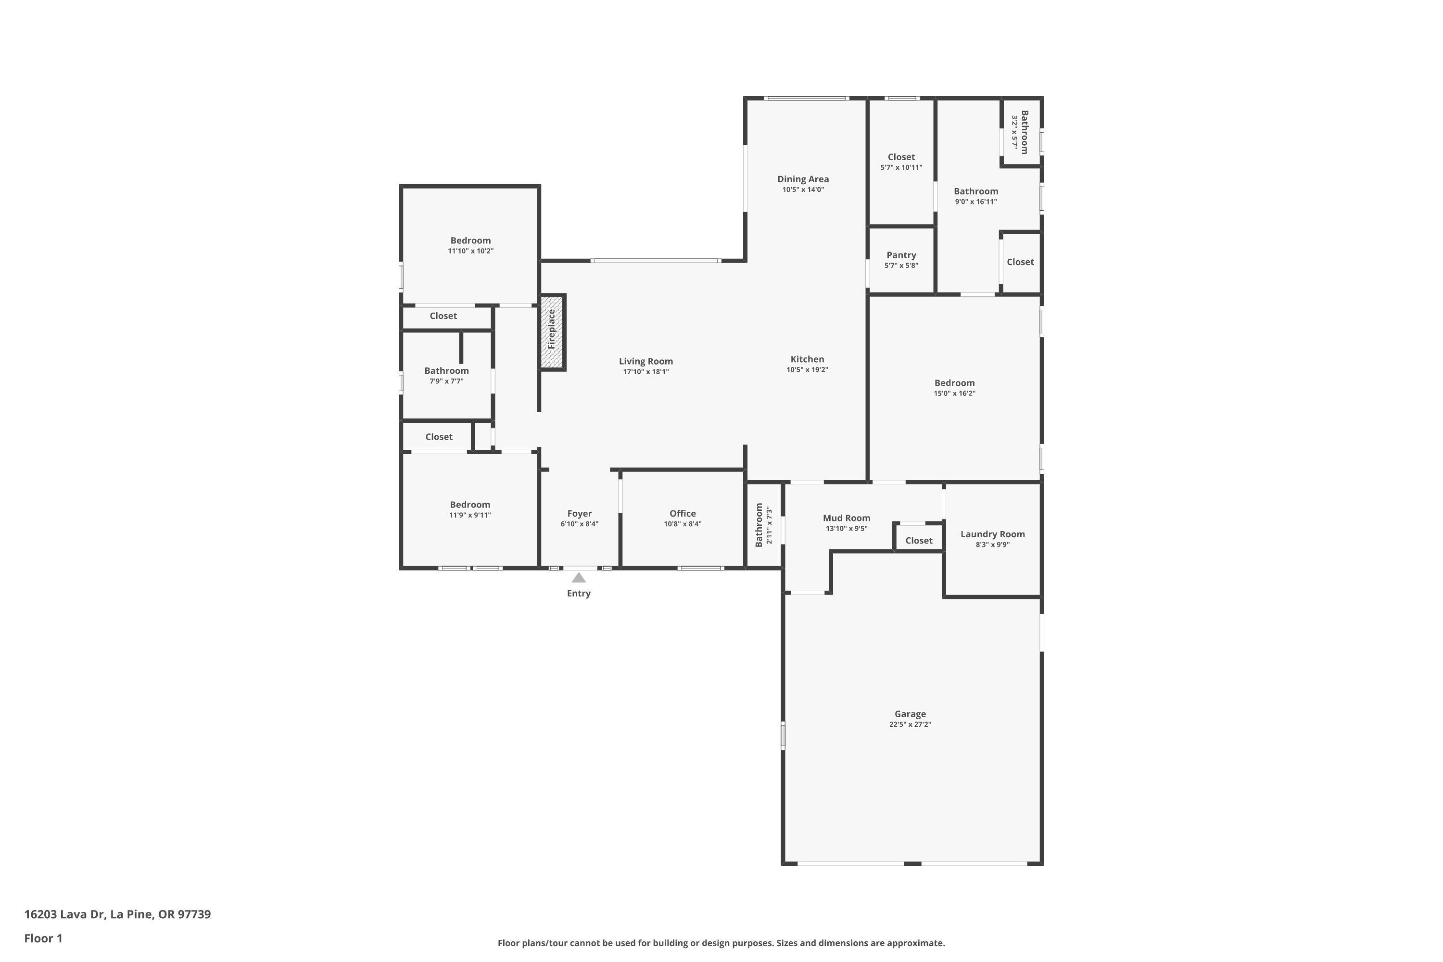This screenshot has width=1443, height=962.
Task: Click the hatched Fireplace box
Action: [x=552, y=332]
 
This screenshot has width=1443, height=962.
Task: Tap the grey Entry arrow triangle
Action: [x=579, y=577]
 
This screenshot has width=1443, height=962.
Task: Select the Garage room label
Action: [x=910, y=713]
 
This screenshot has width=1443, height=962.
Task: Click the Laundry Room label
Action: [x=992, y=534]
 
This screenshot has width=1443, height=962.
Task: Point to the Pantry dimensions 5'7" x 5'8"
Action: [x=900, y=266]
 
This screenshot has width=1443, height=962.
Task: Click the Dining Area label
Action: [x=802, y=179]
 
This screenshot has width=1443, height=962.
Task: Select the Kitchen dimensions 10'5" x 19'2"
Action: [x=807, y=370]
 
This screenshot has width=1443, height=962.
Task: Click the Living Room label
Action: [x=646, y=361]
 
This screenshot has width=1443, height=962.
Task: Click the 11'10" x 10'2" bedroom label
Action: [x=470, y=240]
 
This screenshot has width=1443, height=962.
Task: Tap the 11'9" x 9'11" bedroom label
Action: [x=470, y=504]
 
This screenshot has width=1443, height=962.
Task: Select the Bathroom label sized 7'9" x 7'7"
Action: [x=446, y=370]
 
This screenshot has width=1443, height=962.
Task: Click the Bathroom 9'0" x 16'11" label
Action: [x=975, y=191]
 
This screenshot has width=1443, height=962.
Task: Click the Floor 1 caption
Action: [x=43, y=938]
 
